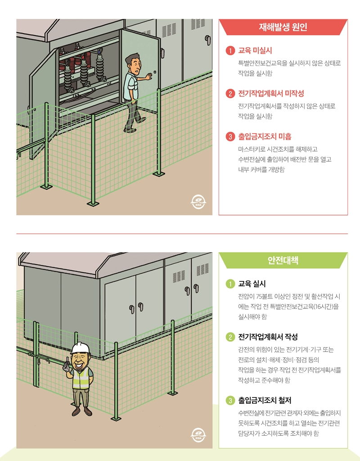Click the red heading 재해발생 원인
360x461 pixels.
point(283,27)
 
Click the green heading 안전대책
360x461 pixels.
point(283,260)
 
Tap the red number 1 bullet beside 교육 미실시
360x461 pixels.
point(230,50)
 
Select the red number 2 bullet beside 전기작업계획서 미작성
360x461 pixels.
point(230,94)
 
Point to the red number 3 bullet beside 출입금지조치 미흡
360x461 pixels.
point(230,136)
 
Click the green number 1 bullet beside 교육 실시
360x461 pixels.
point(230,284)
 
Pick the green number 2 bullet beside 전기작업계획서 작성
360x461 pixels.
point(230,337)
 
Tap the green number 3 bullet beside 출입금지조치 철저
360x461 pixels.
point(230,400)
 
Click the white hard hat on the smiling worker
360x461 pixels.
point(81,348)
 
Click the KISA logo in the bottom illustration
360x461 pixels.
point(198,435)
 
